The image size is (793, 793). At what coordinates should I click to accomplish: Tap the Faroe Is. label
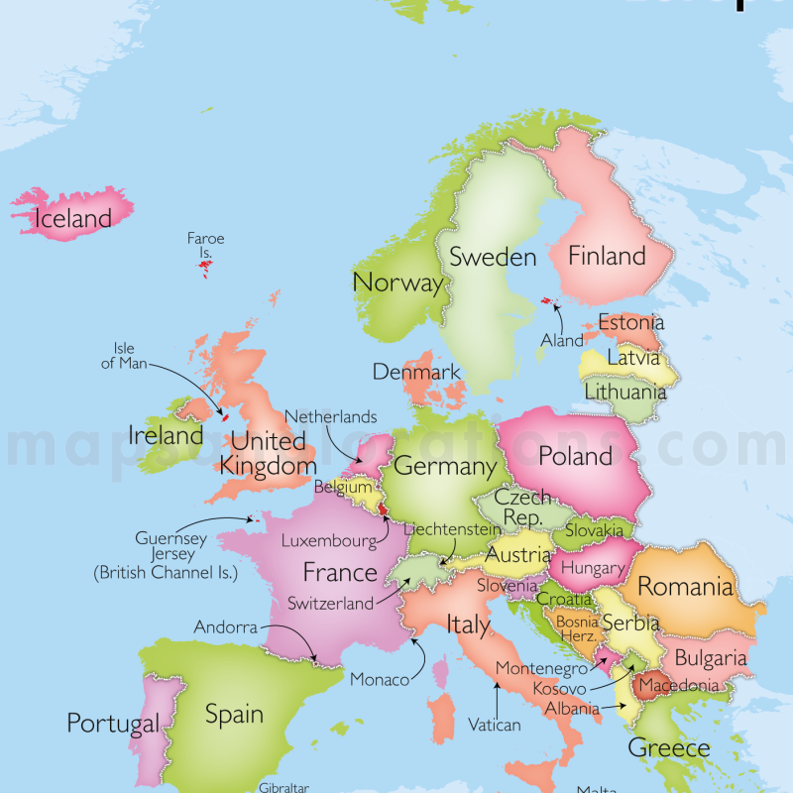pos(205,245)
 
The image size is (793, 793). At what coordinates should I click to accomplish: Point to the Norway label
pos(397,283)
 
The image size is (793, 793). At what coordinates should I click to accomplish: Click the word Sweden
pos(493,258)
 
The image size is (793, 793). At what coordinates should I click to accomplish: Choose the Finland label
pos(606,257)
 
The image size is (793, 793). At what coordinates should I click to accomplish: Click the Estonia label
pos(630,323)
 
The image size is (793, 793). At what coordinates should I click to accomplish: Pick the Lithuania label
pos(624,392)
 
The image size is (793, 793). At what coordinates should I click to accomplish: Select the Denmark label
pos(416,373)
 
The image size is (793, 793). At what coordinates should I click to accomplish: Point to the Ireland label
pos(166,435)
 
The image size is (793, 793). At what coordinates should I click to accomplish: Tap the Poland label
pos(575,457)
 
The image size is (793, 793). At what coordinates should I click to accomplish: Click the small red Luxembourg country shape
pos(383,509)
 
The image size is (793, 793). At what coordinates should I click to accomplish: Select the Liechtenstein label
pos(452,529)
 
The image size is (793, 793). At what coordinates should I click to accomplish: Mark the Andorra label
pos(225,627)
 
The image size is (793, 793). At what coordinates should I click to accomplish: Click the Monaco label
pos(379,680)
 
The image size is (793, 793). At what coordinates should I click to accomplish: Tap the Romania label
pos(685,586)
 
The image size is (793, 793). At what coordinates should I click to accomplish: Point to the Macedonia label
pos(679,686)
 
